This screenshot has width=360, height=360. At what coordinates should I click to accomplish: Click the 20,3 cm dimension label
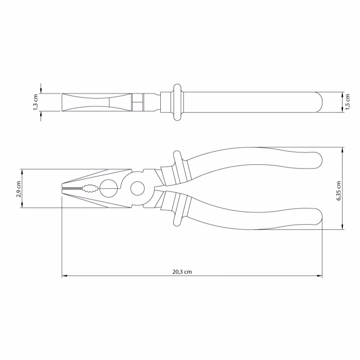tap(182, 272)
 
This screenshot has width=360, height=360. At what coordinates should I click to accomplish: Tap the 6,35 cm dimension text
tap(339, 191)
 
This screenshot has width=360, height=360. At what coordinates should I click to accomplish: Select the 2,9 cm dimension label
tap(18, 189)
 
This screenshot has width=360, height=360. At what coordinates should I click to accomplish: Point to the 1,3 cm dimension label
tap(35, 102)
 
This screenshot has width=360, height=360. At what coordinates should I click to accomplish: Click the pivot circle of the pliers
tap(138, 189)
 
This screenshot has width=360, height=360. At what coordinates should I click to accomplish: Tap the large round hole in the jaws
tap(109, 188)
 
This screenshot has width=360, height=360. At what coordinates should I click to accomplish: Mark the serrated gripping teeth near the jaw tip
tap(72, 188)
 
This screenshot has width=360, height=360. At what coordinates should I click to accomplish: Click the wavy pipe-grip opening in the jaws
tap(91, 188)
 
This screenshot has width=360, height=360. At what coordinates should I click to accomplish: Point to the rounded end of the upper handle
tap(318, 160)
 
